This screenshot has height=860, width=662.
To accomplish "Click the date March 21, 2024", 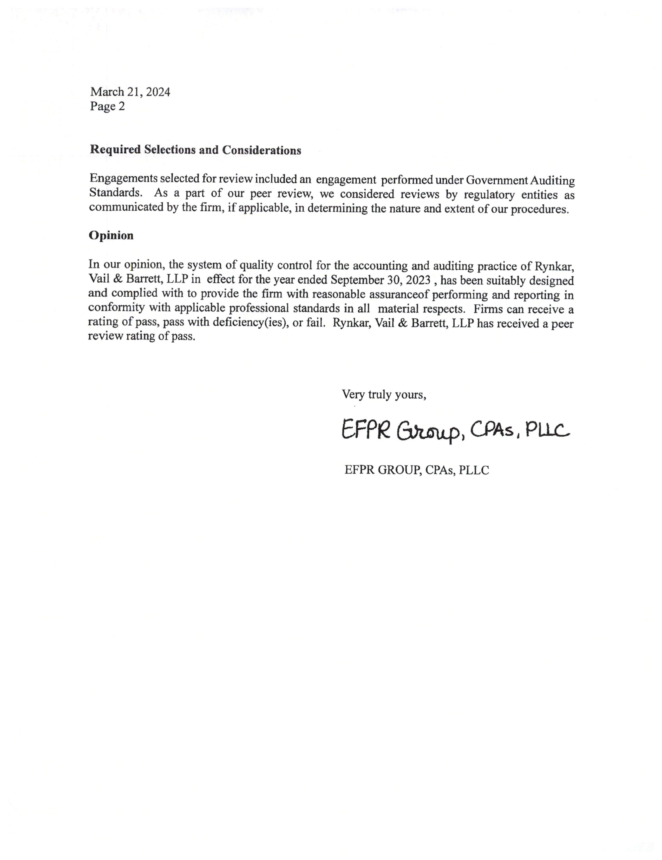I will [x=130, y=92].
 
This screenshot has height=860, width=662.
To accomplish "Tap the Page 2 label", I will [x=107, y=106].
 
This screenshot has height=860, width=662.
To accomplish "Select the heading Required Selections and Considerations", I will [x=195, y=150].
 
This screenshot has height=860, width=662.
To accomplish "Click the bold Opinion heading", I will [x=111, y=236].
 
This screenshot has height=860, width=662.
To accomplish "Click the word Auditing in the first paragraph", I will [x=553, y=181].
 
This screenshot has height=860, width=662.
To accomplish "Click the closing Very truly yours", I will [x=384, y=394].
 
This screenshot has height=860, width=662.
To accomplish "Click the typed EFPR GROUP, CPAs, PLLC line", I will [x=416, y=470].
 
